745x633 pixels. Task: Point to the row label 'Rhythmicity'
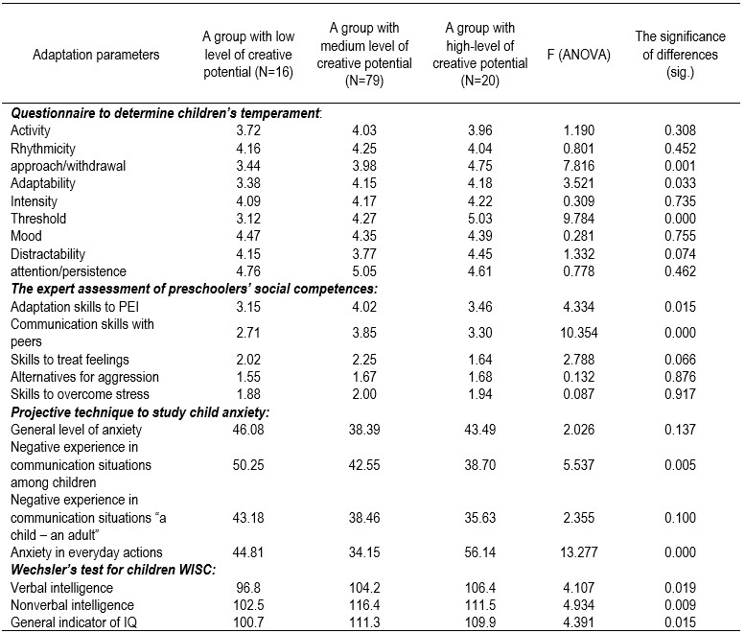[45, 148]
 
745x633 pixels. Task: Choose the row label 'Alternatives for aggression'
[84, 378]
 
